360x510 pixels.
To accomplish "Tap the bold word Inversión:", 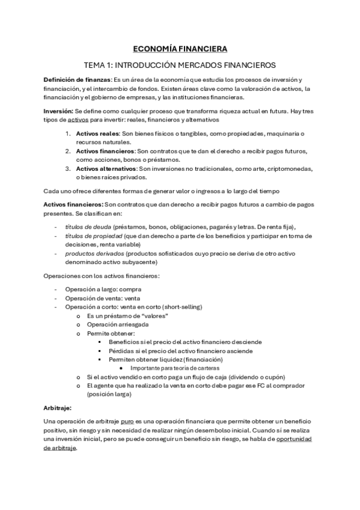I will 58,112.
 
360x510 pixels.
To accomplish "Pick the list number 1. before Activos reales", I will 68,133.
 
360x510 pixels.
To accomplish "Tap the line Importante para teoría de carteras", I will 174,367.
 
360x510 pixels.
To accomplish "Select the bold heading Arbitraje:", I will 57,407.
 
